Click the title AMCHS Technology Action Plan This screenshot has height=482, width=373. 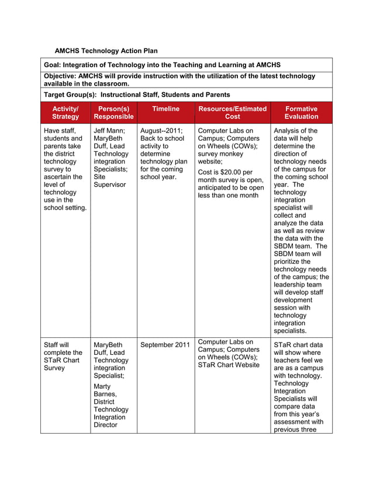106,51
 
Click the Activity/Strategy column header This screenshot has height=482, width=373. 65,113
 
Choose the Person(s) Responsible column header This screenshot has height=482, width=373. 113,113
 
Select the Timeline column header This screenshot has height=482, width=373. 165,109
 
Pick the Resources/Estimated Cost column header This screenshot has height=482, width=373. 232,113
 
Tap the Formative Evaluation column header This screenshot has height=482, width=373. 301,113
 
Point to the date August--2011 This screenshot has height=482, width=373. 161,131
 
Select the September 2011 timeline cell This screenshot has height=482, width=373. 165,345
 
